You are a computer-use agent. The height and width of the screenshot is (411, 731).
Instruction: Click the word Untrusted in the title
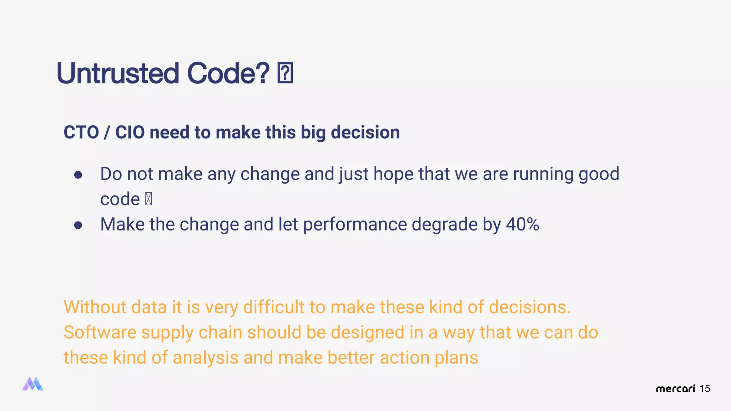point(117,73)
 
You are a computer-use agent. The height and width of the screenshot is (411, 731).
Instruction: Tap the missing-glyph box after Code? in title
point(285,73)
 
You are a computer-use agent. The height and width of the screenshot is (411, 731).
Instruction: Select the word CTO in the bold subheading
point(81,132)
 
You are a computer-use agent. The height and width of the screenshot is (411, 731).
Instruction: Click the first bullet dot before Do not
point(78,175)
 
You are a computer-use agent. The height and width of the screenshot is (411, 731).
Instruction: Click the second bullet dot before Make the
point(78,225)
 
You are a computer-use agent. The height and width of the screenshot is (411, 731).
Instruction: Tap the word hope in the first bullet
point(393,174)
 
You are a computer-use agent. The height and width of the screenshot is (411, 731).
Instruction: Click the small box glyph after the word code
point(148,199)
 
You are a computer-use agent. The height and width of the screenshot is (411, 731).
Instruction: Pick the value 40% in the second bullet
point(522,224)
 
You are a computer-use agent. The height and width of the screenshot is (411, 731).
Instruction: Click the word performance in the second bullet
point(355,224)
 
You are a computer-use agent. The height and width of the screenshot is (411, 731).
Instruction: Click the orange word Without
point(95,307)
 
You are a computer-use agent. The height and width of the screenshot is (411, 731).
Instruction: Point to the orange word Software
point(100,333)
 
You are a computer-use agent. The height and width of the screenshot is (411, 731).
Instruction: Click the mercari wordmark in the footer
point(675,389)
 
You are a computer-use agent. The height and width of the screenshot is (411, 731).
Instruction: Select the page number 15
point(705,389)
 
